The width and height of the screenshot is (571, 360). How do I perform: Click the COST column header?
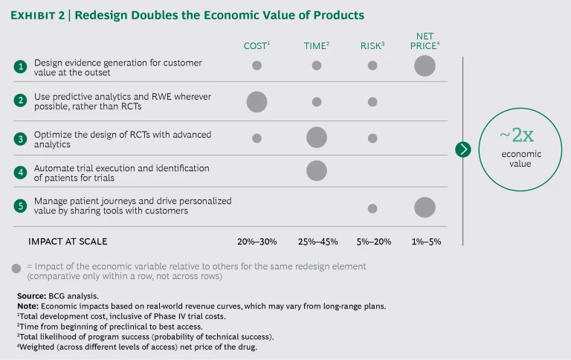click(x=257, y=46)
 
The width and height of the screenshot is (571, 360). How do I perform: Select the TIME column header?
click(x=316, y=46)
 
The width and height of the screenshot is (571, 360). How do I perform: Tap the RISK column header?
click(x=372, y=46)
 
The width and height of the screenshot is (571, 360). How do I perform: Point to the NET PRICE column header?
click(x=425, y=41)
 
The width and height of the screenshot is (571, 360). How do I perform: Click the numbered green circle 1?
click(x=20, y=65)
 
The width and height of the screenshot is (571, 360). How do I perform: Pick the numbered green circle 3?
click(x=20, y=138)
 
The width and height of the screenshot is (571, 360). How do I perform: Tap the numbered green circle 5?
click(x=20, y=205)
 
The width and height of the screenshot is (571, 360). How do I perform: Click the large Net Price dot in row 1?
click(x=425, y=65)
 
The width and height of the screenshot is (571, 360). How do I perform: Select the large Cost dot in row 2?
click(x=257, y=102)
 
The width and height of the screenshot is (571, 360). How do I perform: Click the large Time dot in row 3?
click(x=316, y=138)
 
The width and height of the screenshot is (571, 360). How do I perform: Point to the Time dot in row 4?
click(x=316, y=170)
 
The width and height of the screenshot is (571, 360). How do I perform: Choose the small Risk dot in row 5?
click(x=372, y=208)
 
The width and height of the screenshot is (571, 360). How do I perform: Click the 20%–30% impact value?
click(x=257, y=241)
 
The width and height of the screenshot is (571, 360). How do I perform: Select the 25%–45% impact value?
click(x=316, y=241)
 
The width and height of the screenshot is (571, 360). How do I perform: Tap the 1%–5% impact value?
click(x=425, y=241)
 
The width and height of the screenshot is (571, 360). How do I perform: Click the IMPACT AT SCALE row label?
click(x=68, y=241)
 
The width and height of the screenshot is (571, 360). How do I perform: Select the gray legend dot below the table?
click(x=16, y=267)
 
